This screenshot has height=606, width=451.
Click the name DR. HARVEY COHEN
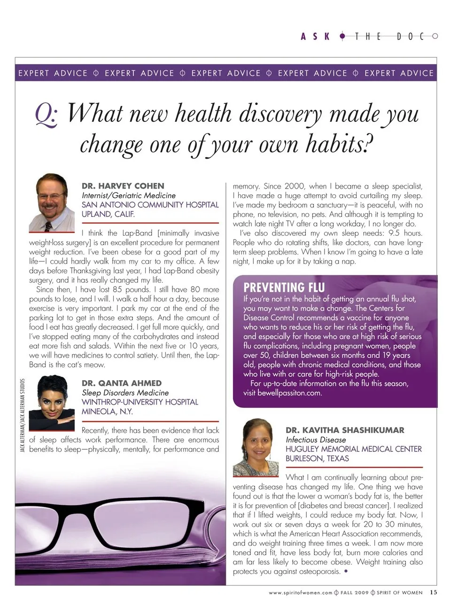(x=123, y=185)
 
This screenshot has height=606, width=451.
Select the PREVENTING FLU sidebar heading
(x=284, y=287)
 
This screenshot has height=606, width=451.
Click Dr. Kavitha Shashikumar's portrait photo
(x=256, y=447)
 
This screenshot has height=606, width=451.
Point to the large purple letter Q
(x=47, y=115)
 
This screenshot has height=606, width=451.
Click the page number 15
(x=433, y=592)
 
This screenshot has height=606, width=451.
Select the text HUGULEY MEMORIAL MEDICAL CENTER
(x=353, y=449)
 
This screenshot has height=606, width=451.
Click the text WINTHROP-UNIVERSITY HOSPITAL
(x=140, y=402)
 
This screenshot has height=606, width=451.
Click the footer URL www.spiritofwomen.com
(x=301, y=593)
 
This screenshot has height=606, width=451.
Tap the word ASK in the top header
(x=315, y=36)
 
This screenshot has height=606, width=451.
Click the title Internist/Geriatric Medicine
(x=128, y=195)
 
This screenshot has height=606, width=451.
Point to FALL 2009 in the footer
(x=355, y=593)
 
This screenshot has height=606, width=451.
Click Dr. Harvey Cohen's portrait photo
(x=52, y=203)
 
